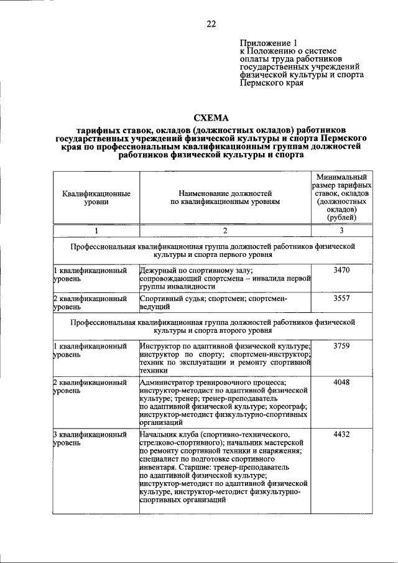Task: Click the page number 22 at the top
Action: pos(211,24)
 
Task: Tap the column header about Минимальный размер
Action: pos(342,198)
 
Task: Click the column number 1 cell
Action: pos(96,231)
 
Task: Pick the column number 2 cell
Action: pos(225,231)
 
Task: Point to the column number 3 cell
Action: pos(342,231)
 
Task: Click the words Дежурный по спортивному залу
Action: pos(192,271)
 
